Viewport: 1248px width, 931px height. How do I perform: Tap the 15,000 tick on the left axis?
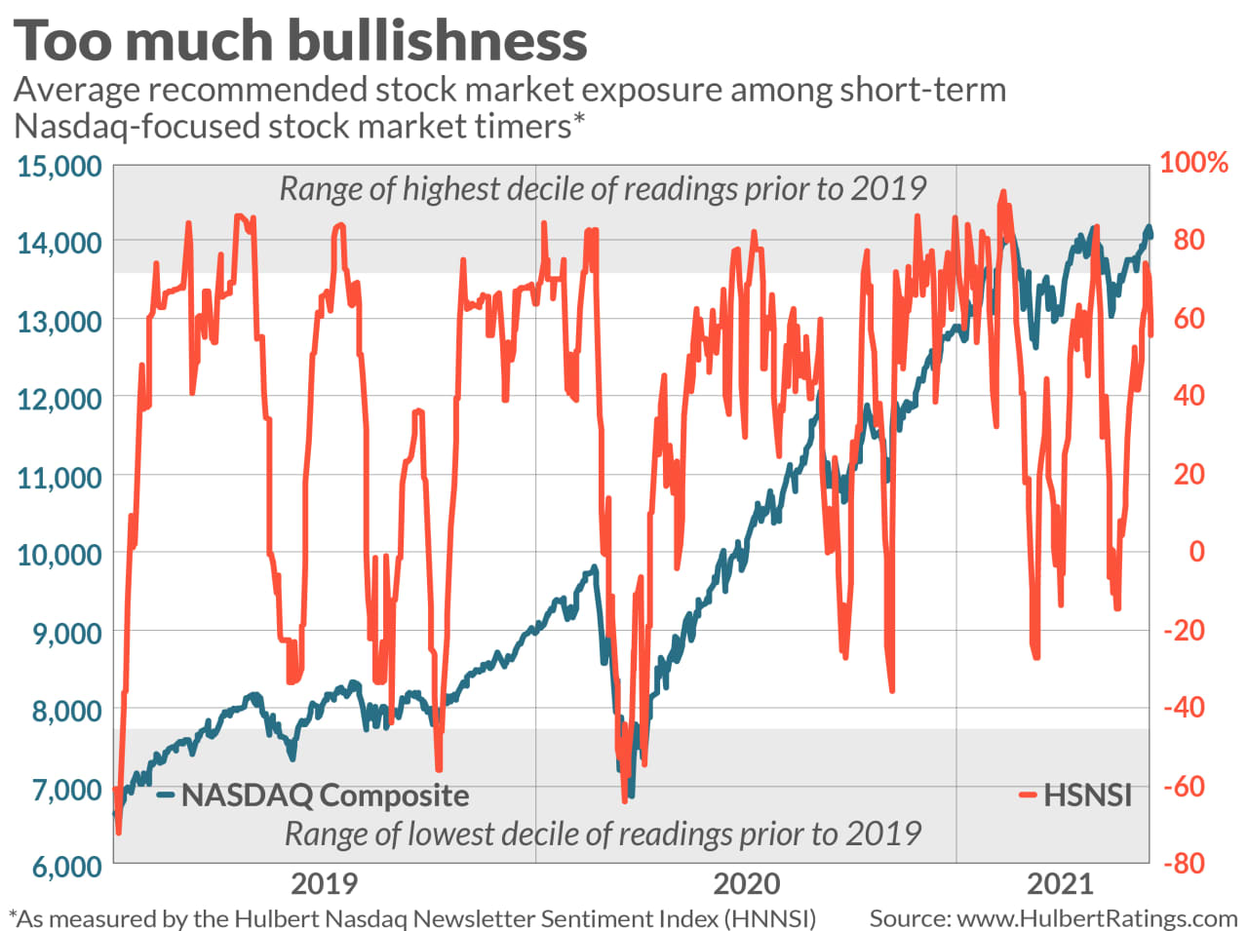coord(58,166)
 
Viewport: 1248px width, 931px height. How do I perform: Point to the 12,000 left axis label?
coord(58,399)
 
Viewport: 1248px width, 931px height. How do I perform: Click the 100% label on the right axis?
coord(1192,162)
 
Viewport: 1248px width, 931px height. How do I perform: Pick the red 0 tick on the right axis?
coord(1195,552)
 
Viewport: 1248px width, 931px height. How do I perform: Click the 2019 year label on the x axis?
coord(325,884)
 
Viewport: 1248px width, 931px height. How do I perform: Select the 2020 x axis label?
coord(746,884)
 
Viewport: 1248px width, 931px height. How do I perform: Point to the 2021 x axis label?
coord(1061,884)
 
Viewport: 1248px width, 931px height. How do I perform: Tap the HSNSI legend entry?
coord(1086,795)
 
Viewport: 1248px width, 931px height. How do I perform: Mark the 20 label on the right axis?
coord(1189,474)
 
